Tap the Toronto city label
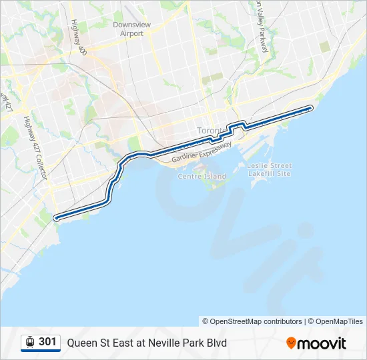(212, 130)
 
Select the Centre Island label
(202, 177)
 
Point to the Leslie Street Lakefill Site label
(270, 169)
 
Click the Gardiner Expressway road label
(202, 153)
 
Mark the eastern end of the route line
(311, 107)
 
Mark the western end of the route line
(55, 217)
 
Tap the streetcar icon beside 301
(30, 342)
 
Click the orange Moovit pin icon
(291, 343)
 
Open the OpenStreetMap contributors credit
(252, 321)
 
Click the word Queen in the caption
(81, 343)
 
